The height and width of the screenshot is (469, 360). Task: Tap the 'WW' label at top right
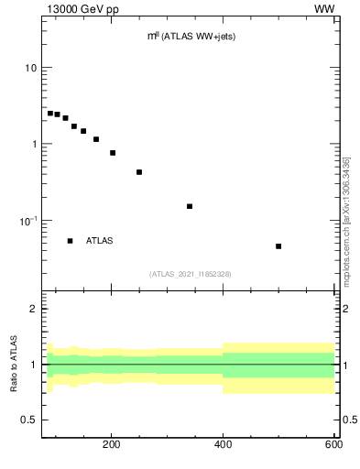[x=323, y=9]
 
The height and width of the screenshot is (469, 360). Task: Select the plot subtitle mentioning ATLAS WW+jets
[x=191, y=38]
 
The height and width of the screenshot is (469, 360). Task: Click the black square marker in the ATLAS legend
[x=70, y=241]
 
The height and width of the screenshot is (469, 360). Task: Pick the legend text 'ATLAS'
[x=101, y=241]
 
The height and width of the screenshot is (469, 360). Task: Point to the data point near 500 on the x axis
[x=278, y=246]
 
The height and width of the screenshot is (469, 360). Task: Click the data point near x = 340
[x=190, y=206]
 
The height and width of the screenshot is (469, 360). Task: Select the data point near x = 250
[x=139, y=172]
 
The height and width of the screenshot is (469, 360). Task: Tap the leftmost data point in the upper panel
[x=50, y=114]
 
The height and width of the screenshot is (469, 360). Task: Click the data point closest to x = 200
[x=113, y=153]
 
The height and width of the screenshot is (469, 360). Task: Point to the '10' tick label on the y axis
[x=31, y=69]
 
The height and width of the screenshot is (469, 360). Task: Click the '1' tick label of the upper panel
[x=34, y=145]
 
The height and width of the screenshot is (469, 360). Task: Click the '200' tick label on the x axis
[x=112, y=446]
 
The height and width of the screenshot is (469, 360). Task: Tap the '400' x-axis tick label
[x=223, y=446]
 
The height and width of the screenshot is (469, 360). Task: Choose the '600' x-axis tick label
[x=333, y=446]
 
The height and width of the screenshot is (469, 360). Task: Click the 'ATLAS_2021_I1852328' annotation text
[x=191, y=274]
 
